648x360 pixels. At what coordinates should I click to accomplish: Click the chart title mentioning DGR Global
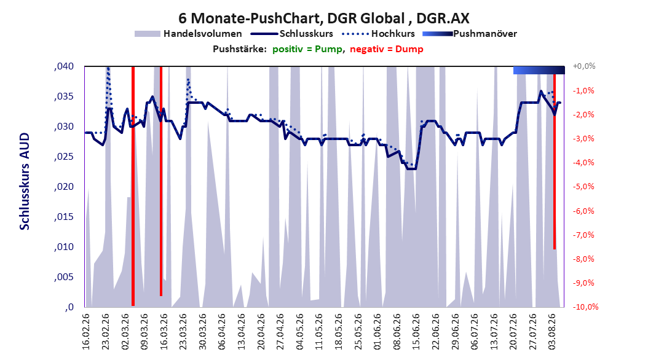click(x=323, y=18)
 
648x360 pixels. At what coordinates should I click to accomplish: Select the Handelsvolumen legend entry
click(x=189, y=34)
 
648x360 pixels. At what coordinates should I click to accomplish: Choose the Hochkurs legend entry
click(x=378, y=34)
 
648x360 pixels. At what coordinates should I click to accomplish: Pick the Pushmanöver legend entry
click(x=470, y=34)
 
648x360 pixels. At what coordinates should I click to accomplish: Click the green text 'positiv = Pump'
click(x=307, y=49)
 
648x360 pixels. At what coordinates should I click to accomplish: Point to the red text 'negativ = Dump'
click(x=387, y=49)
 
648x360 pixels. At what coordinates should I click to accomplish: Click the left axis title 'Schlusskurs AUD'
click(x=25, y=181)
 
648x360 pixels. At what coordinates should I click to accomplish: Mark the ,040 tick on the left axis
click(x=64, y=66)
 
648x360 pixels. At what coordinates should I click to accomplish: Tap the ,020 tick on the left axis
click(x=64, y=187)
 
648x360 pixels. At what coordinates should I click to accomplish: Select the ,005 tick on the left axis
click(x=64, y=277)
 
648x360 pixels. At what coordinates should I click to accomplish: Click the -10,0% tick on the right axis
click(x=585, y=307)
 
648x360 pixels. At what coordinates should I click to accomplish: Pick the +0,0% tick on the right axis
click(x=583, y=66)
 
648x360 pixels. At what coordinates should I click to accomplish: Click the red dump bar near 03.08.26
click(x=555, y=162)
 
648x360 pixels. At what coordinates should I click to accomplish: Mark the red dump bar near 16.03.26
click(x=161, y=181)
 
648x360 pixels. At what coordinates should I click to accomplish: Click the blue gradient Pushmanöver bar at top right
click(x=539, y=70)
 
